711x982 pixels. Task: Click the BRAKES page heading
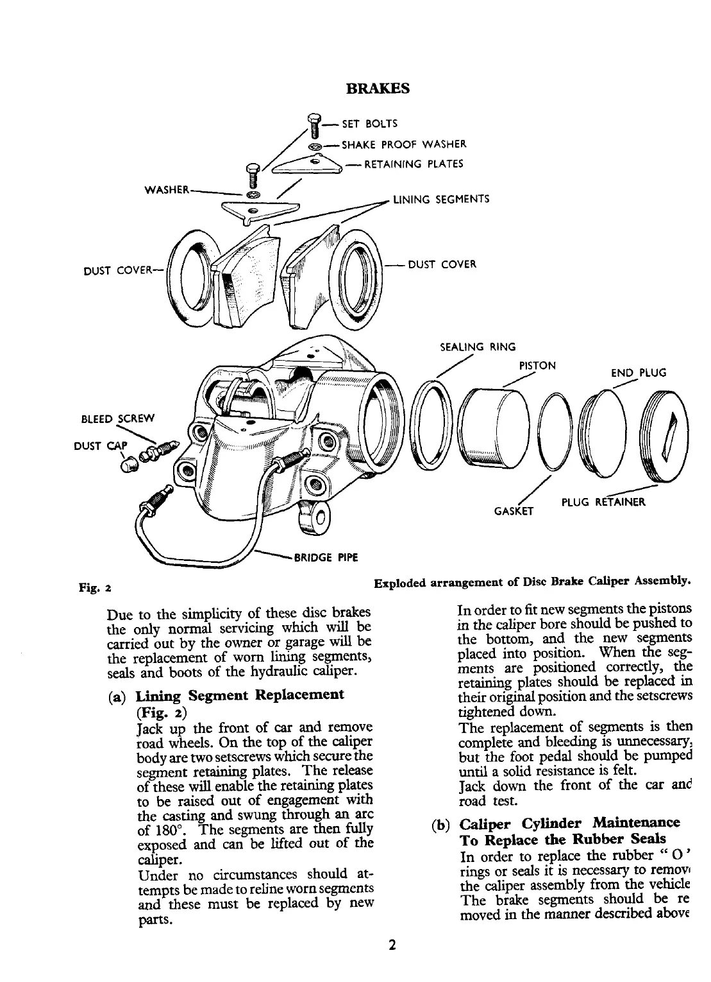click(x=377, y=88)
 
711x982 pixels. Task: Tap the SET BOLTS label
click(x=370, y=123)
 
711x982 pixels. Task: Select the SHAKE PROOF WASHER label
click(x=404, y=144)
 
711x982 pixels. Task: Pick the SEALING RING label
click(x=477, y=347)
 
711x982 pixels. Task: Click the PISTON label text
click(x=537, y=366)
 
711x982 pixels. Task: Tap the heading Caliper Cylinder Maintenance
click(x=570, y=823)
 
